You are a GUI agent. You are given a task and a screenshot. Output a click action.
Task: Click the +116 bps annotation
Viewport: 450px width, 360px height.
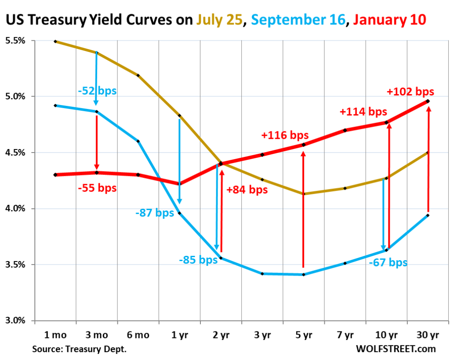(x=285, y=135)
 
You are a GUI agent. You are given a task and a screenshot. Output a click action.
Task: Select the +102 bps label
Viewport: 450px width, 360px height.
(x=410, y=92)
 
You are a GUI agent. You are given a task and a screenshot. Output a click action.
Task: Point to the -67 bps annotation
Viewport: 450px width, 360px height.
(x=388, y=263)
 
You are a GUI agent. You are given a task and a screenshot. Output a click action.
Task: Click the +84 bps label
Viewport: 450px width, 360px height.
(x=247, y=190)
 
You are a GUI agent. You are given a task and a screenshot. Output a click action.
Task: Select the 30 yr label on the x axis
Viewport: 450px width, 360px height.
(x=428, y=335)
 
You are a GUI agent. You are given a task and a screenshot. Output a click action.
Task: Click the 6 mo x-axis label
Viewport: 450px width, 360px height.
(x=138, y=335)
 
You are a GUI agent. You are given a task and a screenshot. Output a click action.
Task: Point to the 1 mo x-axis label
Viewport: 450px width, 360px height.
(x=55, y=335)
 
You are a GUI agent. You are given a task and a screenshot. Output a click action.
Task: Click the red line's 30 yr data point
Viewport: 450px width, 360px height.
(x=428, y=101)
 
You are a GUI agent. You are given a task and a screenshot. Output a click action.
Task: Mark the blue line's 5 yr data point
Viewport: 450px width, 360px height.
(x=303, y=275)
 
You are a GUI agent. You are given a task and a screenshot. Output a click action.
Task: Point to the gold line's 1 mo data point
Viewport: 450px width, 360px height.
(x=55, y=41)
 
